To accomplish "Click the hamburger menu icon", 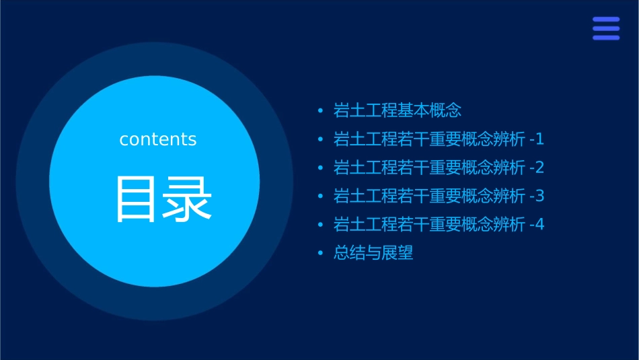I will [605, 28].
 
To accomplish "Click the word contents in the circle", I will [158, 139].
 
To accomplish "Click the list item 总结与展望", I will [373, 254].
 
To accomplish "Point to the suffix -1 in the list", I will [537, 139].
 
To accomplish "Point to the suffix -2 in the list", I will [537, 168].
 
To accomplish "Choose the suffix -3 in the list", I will [537, 196].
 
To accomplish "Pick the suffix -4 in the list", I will [537, 225].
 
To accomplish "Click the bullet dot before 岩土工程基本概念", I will [321, 110].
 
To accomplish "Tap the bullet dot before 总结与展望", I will [321, 254].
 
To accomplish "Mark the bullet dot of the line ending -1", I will [321, 139].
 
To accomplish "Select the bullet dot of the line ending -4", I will [321, 225].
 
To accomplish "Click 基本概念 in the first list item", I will [430, 110].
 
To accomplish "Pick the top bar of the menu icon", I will [605, 20].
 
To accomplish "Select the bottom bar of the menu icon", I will [605, 38].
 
